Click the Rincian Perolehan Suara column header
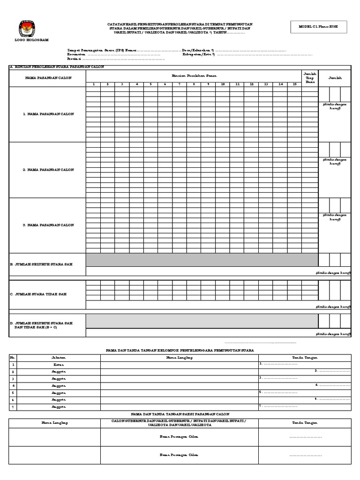click(x=194, y=75)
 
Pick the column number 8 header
click(x=194, y=84)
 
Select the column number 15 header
click(x=294, y=84)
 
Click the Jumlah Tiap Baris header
click(x=310, y=78)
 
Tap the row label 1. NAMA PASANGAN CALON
click(x=49, y=114)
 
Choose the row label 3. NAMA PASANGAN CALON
click(x=49, y=225)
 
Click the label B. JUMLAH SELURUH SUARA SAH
click(x=41, y=264)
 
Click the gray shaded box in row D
click(x=202, y=321)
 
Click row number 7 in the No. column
click(x=14, y=407)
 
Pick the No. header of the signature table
click(x=14, y=358)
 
